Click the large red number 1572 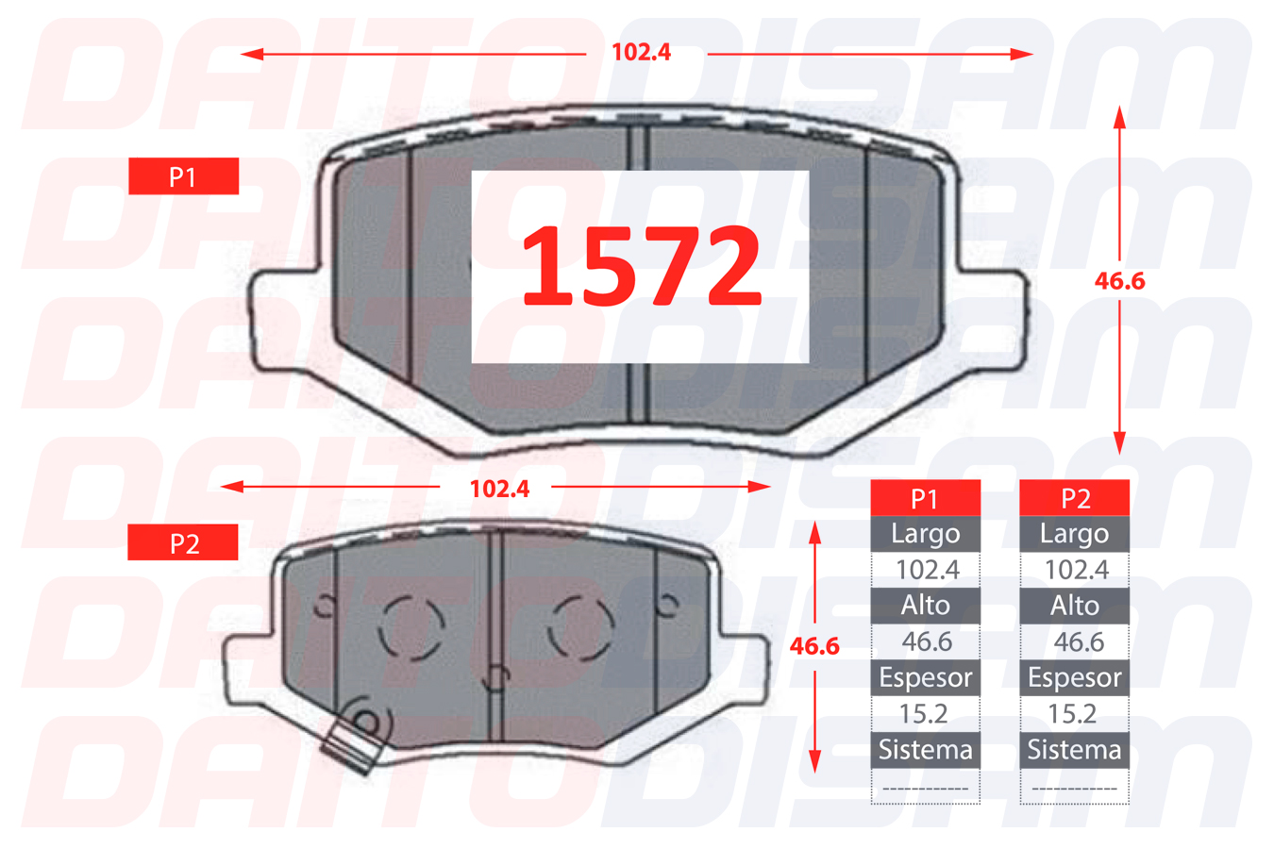pos(642,266)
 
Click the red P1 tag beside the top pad pos(184,176)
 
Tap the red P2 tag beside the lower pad pos(182,542)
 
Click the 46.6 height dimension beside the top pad pos(1120,281)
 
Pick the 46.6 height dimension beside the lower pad pos(814,646)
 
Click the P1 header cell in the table pos(926,498)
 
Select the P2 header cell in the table pos(1074,498)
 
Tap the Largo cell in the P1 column pos(926,534)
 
